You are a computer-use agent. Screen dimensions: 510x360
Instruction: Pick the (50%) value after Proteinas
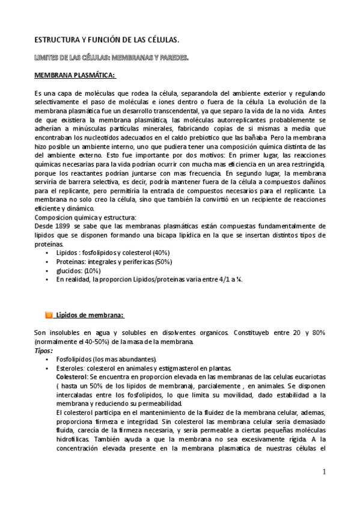point(163,262)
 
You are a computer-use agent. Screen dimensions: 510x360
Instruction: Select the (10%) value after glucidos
point(93,271)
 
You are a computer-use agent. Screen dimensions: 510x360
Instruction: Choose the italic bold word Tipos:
point(43,350)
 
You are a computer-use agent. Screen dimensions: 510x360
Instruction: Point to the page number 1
point(323,472)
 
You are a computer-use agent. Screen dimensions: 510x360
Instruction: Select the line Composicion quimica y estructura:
point(85,226)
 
